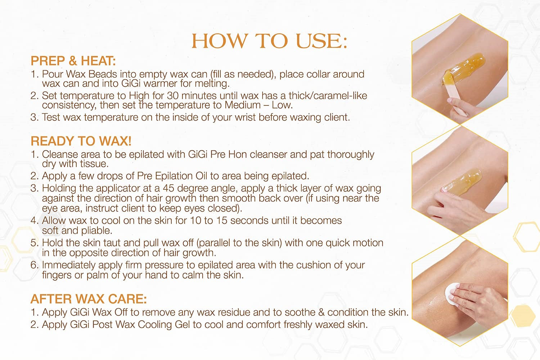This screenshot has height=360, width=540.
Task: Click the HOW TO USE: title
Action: (x=269, y=41)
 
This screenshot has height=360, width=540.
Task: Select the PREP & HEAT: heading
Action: (x=73, y=61)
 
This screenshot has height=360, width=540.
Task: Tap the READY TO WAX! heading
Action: (x=81, y=141)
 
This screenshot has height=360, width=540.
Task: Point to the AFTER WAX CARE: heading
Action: (x=89, y=299)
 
